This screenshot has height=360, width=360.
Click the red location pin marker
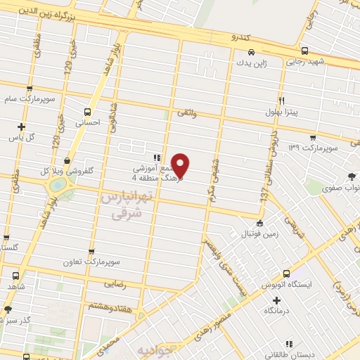pyautogui.click(x=181, y=165)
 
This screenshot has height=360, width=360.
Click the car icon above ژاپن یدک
pyautogui.click(x=251, y=51)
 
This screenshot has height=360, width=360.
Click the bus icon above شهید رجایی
pyautogui.click(x=304, y=51)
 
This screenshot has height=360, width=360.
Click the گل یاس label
pyautogui.click(x=21, y=138)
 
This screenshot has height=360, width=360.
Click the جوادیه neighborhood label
pyautogui.click(x=154, y=349)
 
